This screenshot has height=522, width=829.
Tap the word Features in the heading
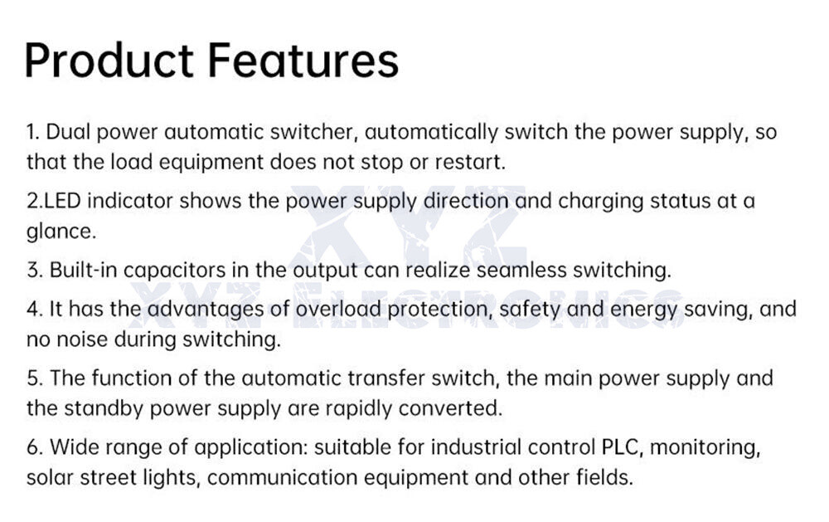303,59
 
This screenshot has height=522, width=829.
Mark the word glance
60,232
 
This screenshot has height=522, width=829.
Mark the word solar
50,477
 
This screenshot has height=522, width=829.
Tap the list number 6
33,447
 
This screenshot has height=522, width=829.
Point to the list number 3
33,271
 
